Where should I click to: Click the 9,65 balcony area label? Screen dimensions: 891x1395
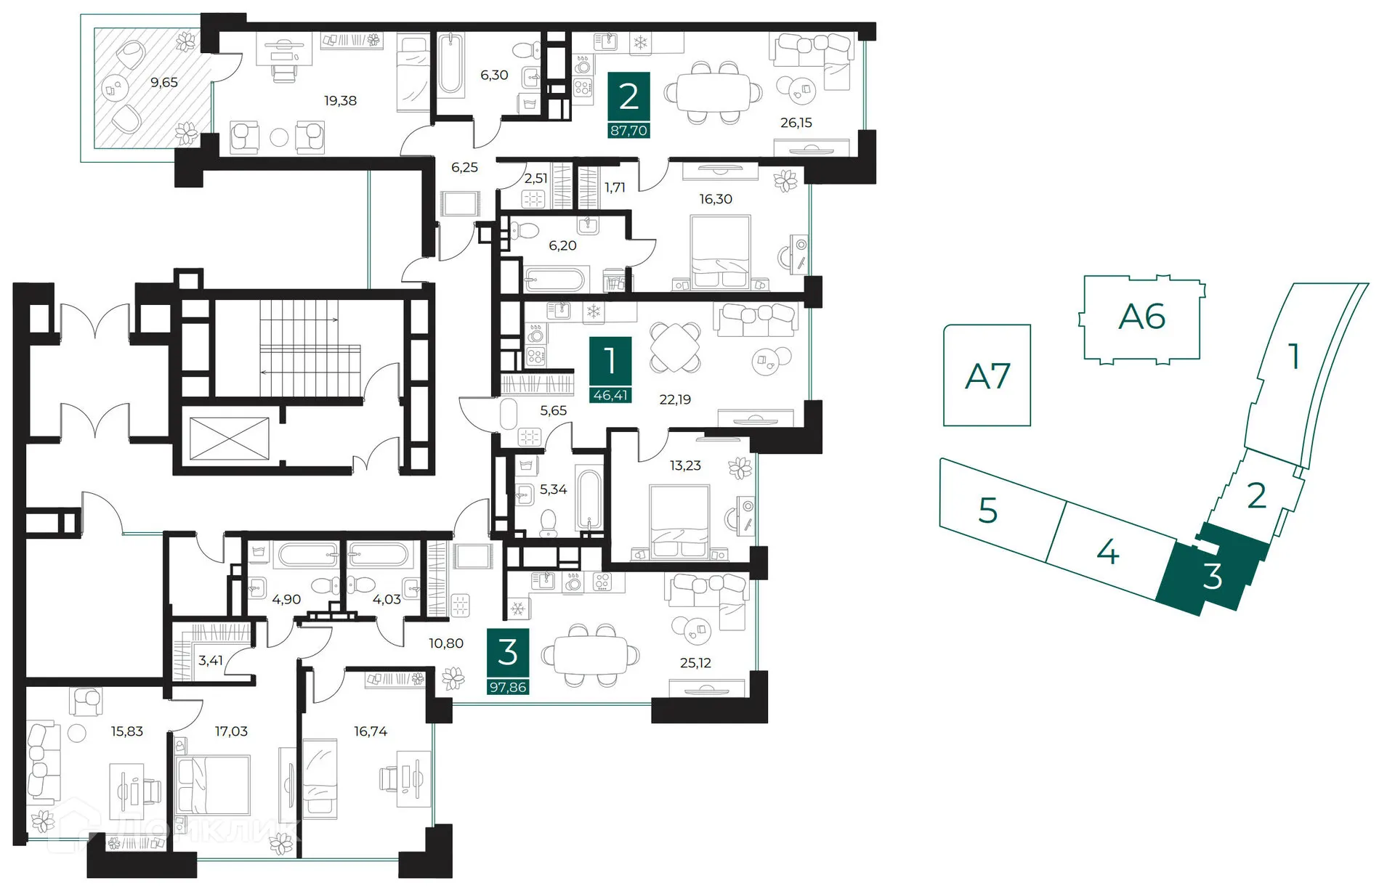[x=163, y=83]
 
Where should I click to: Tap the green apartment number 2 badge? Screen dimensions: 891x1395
[x=628, y=97]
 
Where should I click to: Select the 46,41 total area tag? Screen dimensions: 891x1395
[x=610, y=396]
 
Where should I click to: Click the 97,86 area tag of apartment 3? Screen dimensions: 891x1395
[x=507, y=687]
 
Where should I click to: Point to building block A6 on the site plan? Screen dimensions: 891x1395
[x=1141, y=317]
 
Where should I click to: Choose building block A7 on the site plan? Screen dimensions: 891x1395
[x=987, y=375]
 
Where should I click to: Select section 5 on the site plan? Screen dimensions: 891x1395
[x=988, y=510]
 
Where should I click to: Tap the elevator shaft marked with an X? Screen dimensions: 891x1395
[x=229, y=439]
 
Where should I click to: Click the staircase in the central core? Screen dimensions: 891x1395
[x=309, y=349]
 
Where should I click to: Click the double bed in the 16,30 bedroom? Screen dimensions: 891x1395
[x=719, y=254]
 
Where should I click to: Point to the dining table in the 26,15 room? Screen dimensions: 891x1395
[x=710, y=93]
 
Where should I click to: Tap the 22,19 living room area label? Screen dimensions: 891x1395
[x=675, y=399]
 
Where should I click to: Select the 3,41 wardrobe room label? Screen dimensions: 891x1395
[x=210, y=660]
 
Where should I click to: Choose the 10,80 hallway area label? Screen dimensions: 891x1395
[x=445, y=643]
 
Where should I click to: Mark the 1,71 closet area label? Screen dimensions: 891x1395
[x=615, y=187]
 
